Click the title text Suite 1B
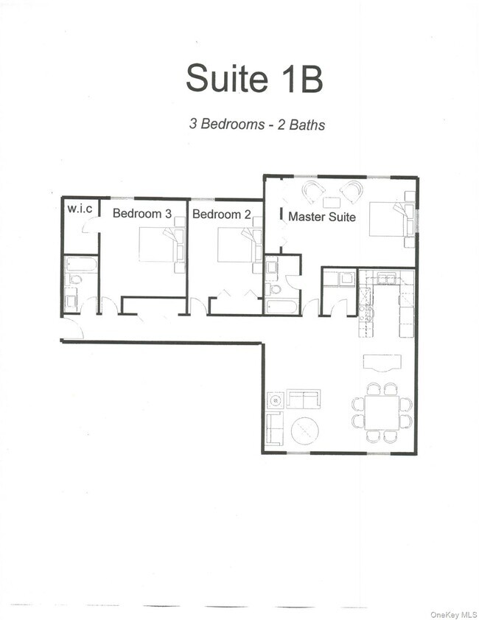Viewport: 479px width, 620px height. pos(254,79)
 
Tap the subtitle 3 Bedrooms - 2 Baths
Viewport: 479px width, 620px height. pos(257,124)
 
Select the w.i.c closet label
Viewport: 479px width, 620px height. pos(80,209)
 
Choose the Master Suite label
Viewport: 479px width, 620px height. pos(322,217)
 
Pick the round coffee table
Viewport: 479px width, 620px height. pos(305,431)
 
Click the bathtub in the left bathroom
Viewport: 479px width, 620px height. pos(80,264)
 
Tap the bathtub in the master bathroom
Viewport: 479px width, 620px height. pos(282,306)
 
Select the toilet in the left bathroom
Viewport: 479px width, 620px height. pos(73,280)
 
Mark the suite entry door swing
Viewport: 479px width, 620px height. pos(74,330)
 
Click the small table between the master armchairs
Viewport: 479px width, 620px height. pos(332,201)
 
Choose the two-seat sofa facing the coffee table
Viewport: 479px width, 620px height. pos(303,399)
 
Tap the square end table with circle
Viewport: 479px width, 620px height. pos(275,400)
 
